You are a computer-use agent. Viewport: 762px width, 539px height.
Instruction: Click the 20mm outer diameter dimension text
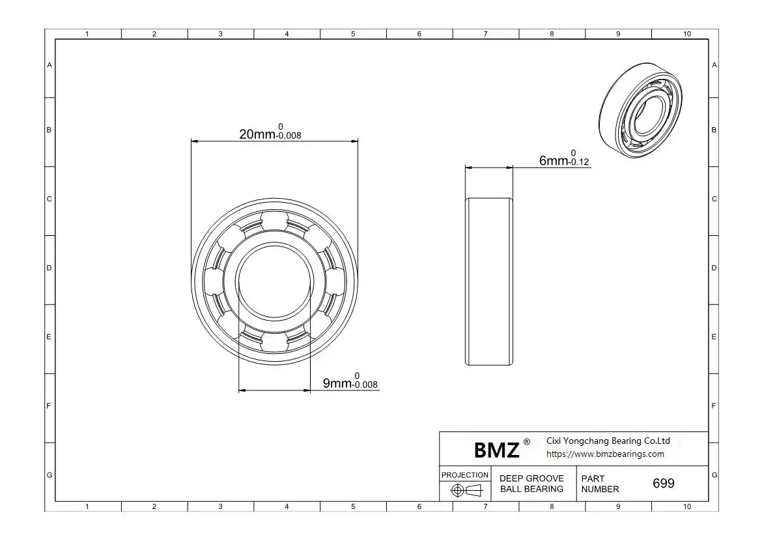tap(270, 132)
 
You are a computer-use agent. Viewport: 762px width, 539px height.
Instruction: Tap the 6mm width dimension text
tap(564, 158)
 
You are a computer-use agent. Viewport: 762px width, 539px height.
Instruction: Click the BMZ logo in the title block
tap(496, 450)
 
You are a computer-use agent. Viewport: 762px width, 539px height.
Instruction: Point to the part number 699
tap(664, 483)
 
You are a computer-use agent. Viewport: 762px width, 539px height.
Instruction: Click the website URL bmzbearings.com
tap(605, 454)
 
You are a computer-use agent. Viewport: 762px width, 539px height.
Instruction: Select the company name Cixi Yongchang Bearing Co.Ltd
tap(608, 441)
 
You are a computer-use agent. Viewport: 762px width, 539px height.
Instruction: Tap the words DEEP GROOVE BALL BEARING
tap(531, 484)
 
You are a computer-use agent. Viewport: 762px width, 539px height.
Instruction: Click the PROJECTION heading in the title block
tap(464, 474)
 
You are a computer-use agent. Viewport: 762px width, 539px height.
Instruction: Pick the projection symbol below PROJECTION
tap(466, 490)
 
